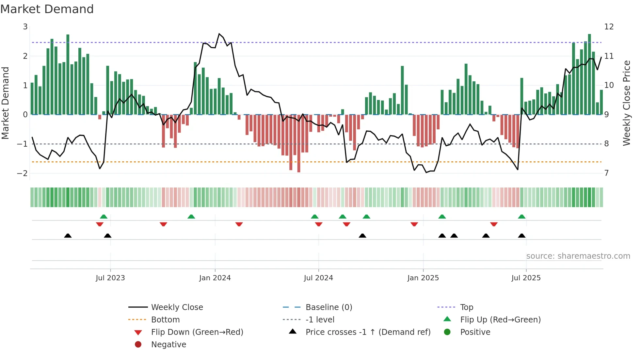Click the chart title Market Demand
point(47,9)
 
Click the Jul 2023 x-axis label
point(110,278)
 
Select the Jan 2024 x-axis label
point(215,278)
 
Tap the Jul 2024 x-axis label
point(318,278)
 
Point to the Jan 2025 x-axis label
point(423,278)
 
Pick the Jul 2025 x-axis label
point(526,278)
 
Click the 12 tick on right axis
point(609,27)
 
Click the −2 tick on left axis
point(22,173)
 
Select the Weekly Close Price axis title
point(626,103)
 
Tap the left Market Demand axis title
point(5,103)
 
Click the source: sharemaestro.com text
point(578,256)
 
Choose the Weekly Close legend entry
point(177,307)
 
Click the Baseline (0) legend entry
point(328,307)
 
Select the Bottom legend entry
point(165,320)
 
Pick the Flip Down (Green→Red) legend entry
point(197,332)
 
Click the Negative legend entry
point(168,345)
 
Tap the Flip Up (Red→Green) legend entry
point(500,320)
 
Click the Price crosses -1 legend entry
point(368,332)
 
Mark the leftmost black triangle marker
point(68,236)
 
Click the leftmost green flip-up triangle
point(104,217)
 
